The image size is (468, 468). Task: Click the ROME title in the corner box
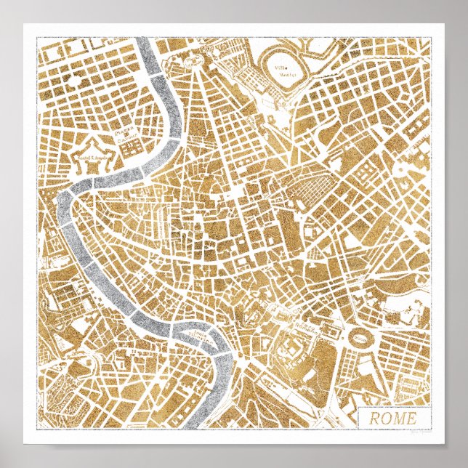pos(392,419)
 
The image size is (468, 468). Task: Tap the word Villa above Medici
pos(279,69)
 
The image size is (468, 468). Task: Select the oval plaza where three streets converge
pos(195,63)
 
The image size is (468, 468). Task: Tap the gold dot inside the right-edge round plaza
pos(402,168)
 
